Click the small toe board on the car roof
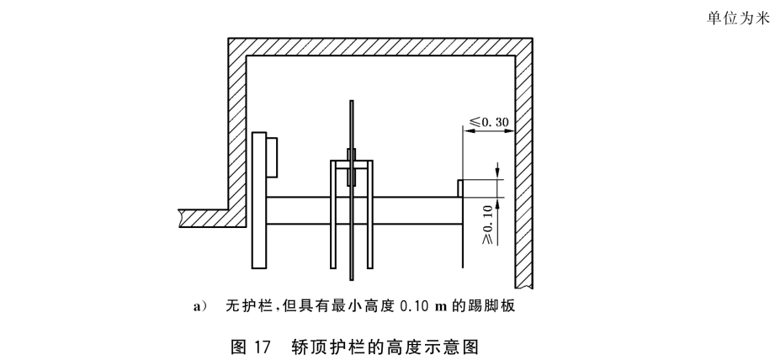point(461,188)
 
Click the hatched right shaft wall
point(523,168)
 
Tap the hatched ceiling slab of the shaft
point(379,45)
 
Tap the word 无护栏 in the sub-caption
point(245,306)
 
